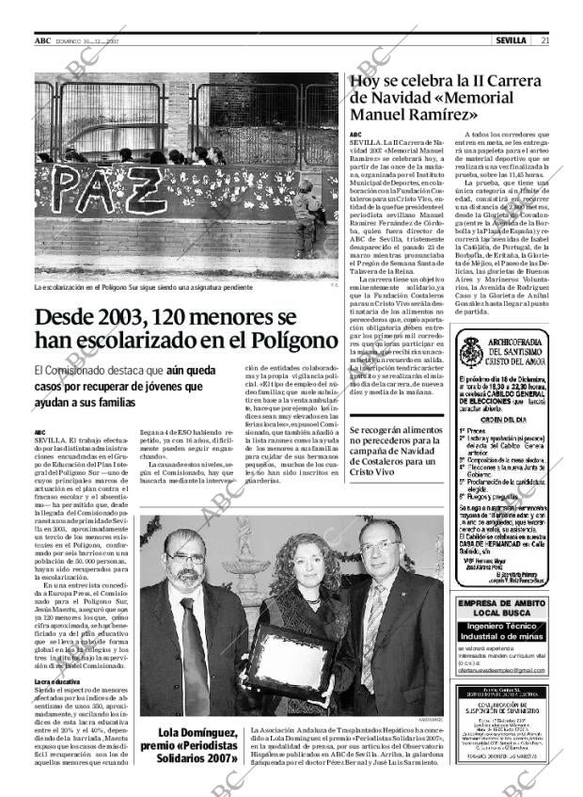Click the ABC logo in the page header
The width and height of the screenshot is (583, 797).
[x=42, y=40]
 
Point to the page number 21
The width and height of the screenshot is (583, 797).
[x=545, y=40]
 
